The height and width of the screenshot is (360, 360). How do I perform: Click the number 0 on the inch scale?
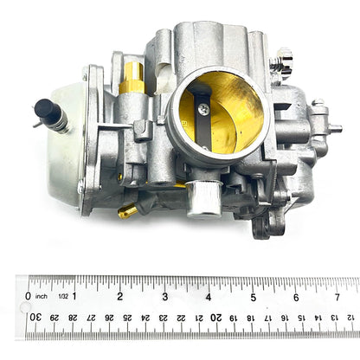(x=29, y=296)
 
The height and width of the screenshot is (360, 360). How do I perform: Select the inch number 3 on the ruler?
(x=164, y=296)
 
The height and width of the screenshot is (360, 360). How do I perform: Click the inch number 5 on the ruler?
(x=253, y=296)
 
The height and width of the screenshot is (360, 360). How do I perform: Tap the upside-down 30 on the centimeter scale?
(x=35, y=318)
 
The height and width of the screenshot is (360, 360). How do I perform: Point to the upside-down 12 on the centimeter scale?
(x=350, y=318)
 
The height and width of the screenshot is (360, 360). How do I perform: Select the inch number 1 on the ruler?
(x=75, y=296)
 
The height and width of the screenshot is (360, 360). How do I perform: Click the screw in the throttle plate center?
(x=203, y=109)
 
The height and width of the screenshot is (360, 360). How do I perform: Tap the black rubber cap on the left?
(x=44, y=109)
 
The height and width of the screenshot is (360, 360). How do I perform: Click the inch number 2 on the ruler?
(x=119, y=296)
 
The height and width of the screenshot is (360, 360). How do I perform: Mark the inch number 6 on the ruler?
(x=296, y=296)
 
